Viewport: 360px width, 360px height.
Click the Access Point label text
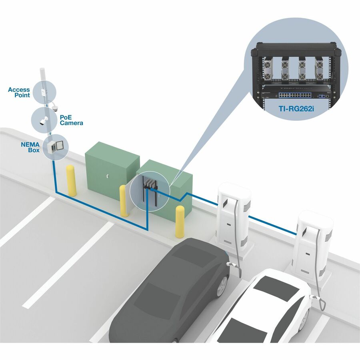tap(19, 92)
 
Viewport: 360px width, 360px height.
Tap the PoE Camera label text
tap(71, 120)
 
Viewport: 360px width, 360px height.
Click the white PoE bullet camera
tap(43, 121)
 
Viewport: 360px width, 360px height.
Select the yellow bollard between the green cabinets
tap(124, 201)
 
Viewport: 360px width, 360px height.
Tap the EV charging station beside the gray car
tap(232, 216)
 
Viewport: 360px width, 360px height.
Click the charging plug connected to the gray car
tap(231, 264)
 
